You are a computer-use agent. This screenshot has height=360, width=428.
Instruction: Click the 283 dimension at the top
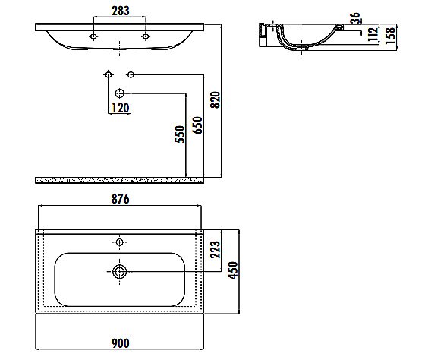point(118,11)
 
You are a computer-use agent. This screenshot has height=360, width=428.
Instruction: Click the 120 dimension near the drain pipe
point(120,108)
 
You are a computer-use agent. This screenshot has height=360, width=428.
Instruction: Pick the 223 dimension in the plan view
point(215,249)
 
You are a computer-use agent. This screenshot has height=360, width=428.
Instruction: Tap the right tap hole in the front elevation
point(145,36)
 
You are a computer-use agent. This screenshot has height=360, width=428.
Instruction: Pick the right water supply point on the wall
point(131,75)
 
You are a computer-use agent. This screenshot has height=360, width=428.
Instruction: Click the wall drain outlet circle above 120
point(119,93)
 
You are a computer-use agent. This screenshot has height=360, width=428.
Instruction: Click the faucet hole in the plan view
point(119,242)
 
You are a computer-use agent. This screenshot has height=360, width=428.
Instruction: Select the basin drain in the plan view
point(119,271)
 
